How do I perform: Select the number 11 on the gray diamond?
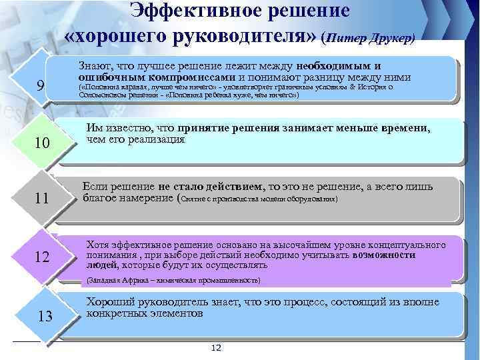pos(41,199)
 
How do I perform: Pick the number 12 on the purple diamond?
pos(41,257)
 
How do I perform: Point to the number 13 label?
pos(45,316)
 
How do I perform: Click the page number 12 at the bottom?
pos(216,349)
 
